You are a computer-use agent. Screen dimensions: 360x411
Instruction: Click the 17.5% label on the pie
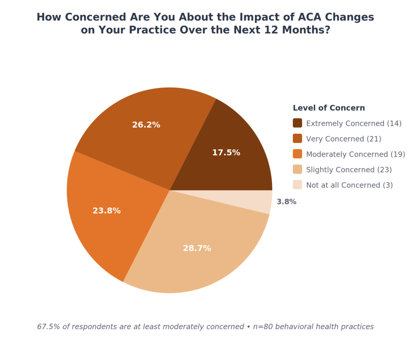coord(226,153)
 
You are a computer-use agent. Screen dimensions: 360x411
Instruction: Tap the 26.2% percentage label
coord(146,125)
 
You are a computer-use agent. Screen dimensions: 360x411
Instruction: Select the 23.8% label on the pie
coord(106,211)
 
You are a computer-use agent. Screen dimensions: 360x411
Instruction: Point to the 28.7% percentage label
coord(197,248)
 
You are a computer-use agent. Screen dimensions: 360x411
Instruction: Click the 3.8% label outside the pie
coord(287,202)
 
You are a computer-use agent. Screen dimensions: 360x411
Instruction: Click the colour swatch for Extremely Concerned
coord(297,123)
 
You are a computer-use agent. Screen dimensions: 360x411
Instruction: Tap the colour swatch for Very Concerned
coord(297,139)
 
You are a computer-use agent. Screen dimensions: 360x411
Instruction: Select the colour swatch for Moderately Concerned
coord(297,154)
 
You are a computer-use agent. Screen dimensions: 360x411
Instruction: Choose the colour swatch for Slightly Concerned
coord(297,170)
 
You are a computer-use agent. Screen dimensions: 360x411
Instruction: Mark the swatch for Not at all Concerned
coord(297,185)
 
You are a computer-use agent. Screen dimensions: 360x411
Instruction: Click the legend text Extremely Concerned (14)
coord(354,123)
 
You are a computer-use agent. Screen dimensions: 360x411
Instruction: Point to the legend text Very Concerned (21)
coord(344,139)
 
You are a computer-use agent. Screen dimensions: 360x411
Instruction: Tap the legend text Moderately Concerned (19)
coord(356,154)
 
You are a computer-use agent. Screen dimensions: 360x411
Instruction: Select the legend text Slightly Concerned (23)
coord(349,170)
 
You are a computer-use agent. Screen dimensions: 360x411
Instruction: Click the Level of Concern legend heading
coord(329,108)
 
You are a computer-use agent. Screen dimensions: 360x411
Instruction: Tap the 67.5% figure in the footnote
coord(48,327)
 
